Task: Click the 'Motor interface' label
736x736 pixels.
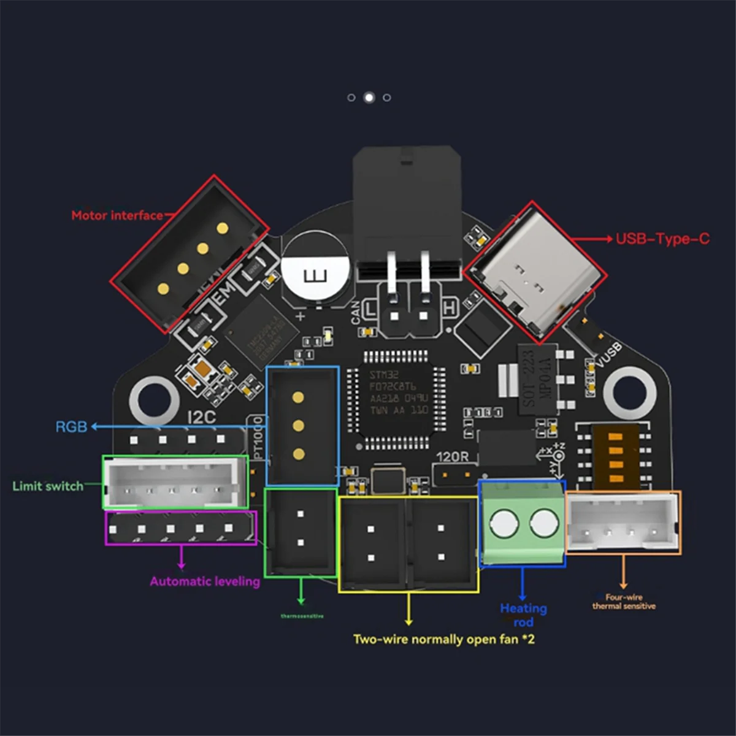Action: click(x=117, y=215)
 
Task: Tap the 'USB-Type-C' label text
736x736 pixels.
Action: click(x=662, y=239)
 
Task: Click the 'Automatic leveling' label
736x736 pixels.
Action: click(x=205, y=581)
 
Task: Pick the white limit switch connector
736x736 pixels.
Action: click(x=174, y=482)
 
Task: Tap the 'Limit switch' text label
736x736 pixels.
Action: click(x=48, y=486)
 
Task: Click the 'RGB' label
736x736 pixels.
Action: click(x=71, y=427)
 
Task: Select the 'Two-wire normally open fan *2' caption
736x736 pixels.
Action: click(x=443, y=639)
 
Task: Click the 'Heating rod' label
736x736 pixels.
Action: click(x=523, y=615)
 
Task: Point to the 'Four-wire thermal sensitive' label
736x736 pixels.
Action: click(x=624, y=602)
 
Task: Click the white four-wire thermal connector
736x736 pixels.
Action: click(x=623, y=523)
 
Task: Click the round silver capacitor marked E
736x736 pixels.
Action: click(x=316, y=274)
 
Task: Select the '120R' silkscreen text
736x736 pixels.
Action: click(x=453, y=457)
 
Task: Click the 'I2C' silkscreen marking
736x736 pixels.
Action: click(x=201, y=417)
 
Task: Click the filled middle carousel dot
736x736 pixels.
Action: click(x=369, y=98)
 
